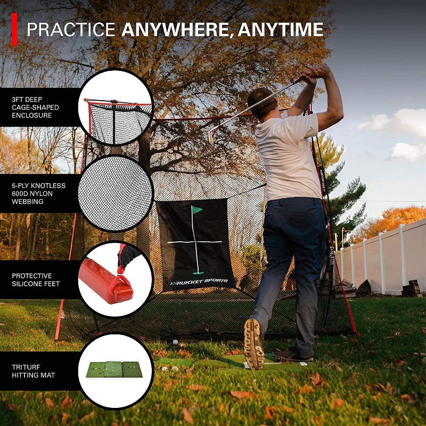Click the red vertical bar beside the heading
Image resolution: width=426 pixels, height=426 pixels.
pos(14,29)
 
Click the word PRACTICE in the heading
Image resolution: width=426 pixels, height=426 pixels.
pos(71,29)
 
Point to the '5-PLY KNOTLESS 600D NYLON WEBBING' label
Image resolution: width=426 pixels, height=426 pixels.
pos(38,193)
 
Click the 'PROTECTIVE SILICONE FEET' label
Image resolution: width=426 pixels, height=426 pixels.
pos(35,280)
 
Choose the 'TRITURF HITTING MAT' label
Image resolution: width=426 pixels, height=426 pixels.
pos(33,371)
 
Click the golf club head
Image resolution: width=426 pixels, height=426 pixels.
pos(211,137)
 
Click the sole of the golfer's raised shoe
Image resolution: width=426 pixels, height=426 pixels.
pos(253,343)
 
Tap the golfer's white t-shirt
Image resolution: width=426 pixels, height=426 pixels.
pos(288,154)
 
